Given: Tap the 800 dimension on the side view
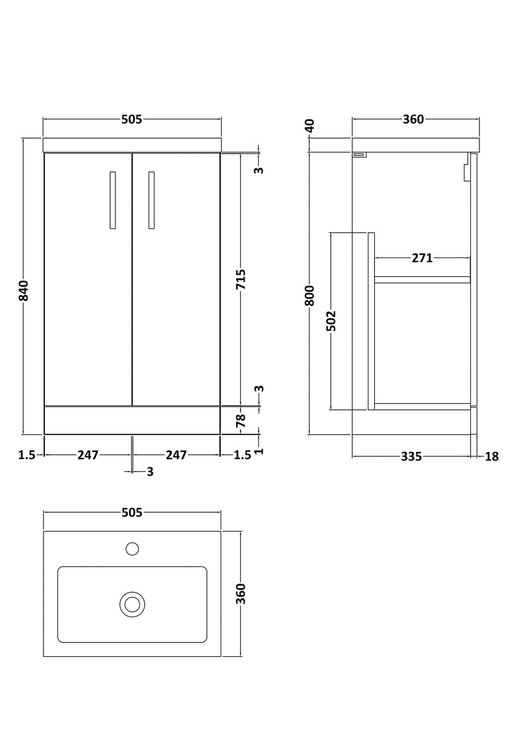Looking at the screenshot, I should point(310,295).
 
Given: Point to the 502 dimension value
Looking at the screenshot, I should point(331,321).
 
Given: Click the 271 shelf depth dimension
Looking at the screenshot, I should point(422,258).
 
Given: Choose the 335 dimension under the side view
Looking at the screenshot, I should point(411,456).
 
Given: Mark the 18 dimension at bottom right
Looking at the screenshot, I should point(491,456).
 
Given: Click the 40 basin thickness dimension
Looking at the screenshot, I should point(310,125).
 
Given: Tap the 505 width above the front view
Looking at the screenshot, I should point(132,119).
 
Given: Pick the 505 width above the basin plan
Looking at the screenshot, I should point(132,513).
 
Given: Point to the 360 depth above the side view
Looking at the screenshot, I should point(413,119).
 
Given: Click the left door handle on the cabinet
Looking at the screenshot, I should point(113,200).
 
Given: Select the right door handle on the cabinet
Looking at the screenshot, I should point(151,200).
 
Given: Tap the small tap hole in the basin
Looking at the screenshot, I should point(132,549).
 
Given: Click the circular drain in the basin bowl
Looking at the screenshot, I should point(132,604).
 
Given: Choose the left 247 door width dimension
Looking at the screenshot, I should point(88,455).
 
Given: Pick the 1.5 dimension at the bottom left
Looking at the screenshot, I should point(27,455).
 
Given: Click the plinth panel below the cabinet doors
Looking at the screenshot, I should point(132,420).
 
